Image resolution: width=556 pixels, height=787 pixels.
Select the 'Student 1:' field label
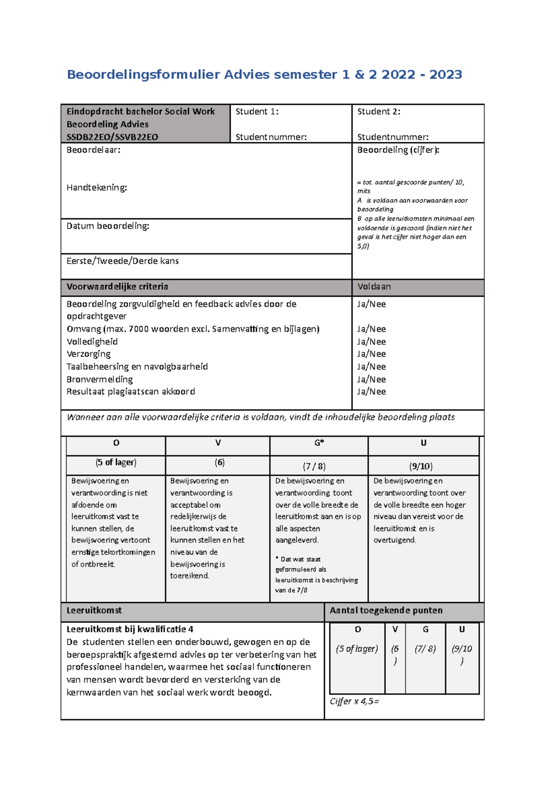coord(257,112)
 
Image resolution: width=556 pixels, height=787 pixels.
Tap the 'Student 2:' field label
coord(379,112)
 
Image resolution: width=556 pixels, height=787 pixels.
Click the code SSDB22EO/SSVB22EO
coord(112,137)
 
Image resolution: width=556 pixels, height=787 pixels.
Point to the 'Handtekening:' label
coord(96,188)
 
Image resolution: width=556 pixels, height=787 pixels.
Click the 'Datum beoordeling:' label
coord(107,226)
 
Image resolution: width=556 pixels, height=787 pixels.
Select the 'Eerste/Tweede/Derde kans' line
coord(122,261)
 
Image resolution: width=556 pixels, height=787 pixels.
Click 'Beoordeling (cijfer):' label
coord(398,150)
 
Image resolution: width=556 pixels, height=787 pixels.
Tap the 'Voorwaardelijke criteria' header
coord(117,287)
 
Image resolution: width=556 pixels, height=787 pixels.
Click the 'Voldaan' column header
coord(374,287)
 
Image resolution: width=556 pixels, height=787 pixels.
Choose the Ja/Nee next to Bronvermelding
coord(371,380)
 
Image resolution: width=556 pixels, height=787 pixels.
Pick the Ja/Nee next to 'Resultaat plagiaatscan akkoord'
coord(371,392)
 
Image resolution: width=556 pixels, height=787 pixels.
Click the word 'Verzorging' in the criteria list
coord(88,354)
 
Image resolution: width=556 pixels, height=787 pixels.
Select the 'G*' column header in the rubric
coord(319,443)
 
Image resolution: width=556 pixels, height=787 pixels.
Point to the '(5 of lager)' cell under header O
coord(116,463)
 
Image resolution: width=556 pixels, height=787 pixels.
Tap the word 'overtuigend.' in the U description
coord(395,540)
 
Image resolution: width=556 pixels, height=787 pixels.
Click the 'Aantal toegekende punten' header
coord(386,611)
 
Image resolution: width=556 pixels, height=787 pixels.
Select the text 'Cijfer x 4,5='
coord(354,702)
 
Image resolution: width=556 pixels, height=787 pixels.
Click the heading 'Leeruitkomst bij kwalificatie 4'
coord(130,629)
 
